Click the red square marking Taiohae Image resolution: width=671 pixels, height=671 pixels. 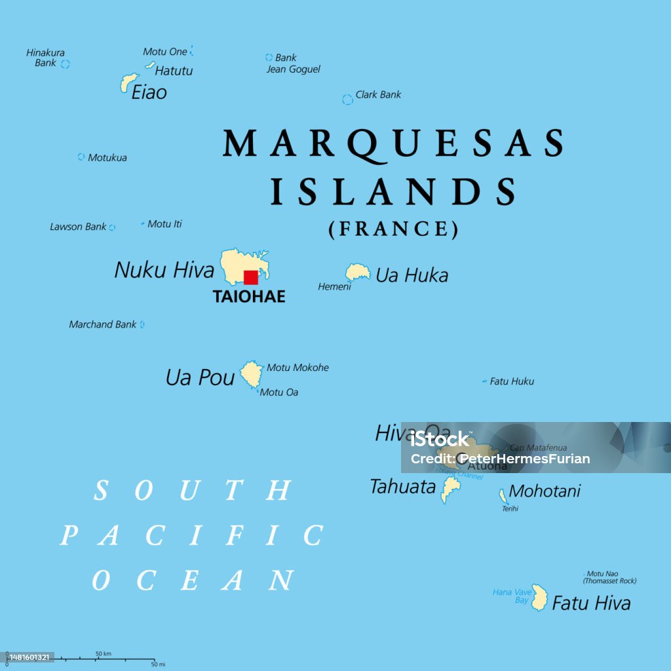[250, 277]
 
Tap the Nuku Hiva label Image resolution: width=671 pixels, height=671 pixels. [164, 269]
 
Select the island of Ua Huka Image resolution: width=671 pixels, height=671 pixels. [358, 271]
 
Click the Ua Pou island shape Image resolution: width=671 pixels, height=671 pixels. [250, 374]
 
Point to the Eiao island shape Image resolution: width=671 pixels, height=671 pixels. [128, 83]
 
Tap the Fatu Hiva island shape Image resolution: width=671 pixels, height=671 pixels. [539, 598]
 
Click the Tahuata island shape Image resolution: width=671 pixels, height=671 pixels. [450, 488]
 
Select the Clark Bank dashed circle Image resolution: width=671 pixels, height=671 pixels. [347, 100]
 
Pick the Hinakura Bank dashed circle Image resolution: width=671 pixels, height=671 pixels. [65, 64]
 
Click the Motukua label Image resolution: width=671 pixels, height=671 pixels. [107, 158]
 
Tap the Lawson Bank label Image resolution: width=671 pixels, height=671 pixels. [78, 227]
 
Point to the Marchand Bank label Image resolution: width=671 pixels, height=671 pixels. [103, 324]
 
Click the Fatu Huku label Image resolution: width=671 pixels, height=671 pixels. [512, 381]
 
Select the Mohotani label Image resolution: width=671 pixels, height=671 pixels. [545, 491]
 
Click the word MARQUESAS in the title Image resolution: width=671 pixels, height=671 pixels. [393, 143]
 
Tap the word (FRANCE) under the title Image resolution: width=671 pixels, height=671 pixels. [393, 229]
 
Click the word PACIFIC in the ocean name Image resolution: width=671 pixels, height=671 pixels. [191, 535]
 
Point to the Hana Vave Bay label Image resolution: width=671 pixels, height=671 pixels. [511, 596]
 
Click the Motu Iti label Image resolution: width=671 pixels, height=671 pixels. [164, 224]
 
